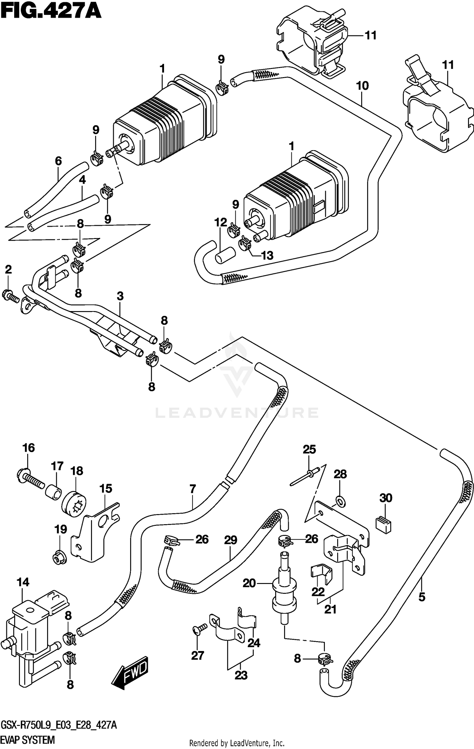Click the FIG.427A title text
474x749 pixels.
pyautogui.click(x=51, y=12)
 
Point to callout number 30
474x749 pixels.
pyautogui.click(x=386, y=498)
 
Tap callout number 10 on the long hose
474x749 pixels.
pyautogui.click(x=362, y=86)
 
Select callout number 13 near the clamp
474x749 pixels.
pyautogui.click(x=267, y=255)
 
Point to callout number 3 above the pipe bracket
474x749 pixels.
pyautogui.click(x=120, y=296)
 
